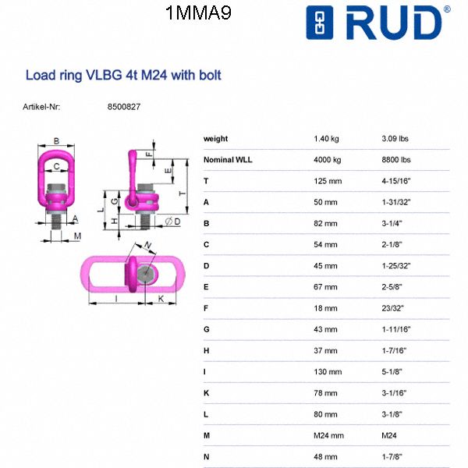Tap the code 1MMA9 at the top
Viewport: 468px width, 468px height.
[x=199, y=13]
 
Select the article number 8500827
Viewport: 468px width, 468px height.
[x=123, y=106]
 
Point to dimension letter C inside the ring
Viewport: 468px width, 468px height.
[x=57, y=165]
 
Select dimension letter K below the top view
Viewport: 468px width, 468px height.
[x=161, y=299]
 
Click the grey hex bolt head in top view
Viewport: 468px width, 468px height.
[x=145, y=274]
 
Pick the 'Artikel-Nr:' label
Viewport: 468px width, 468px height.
[x=41, y=106]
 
